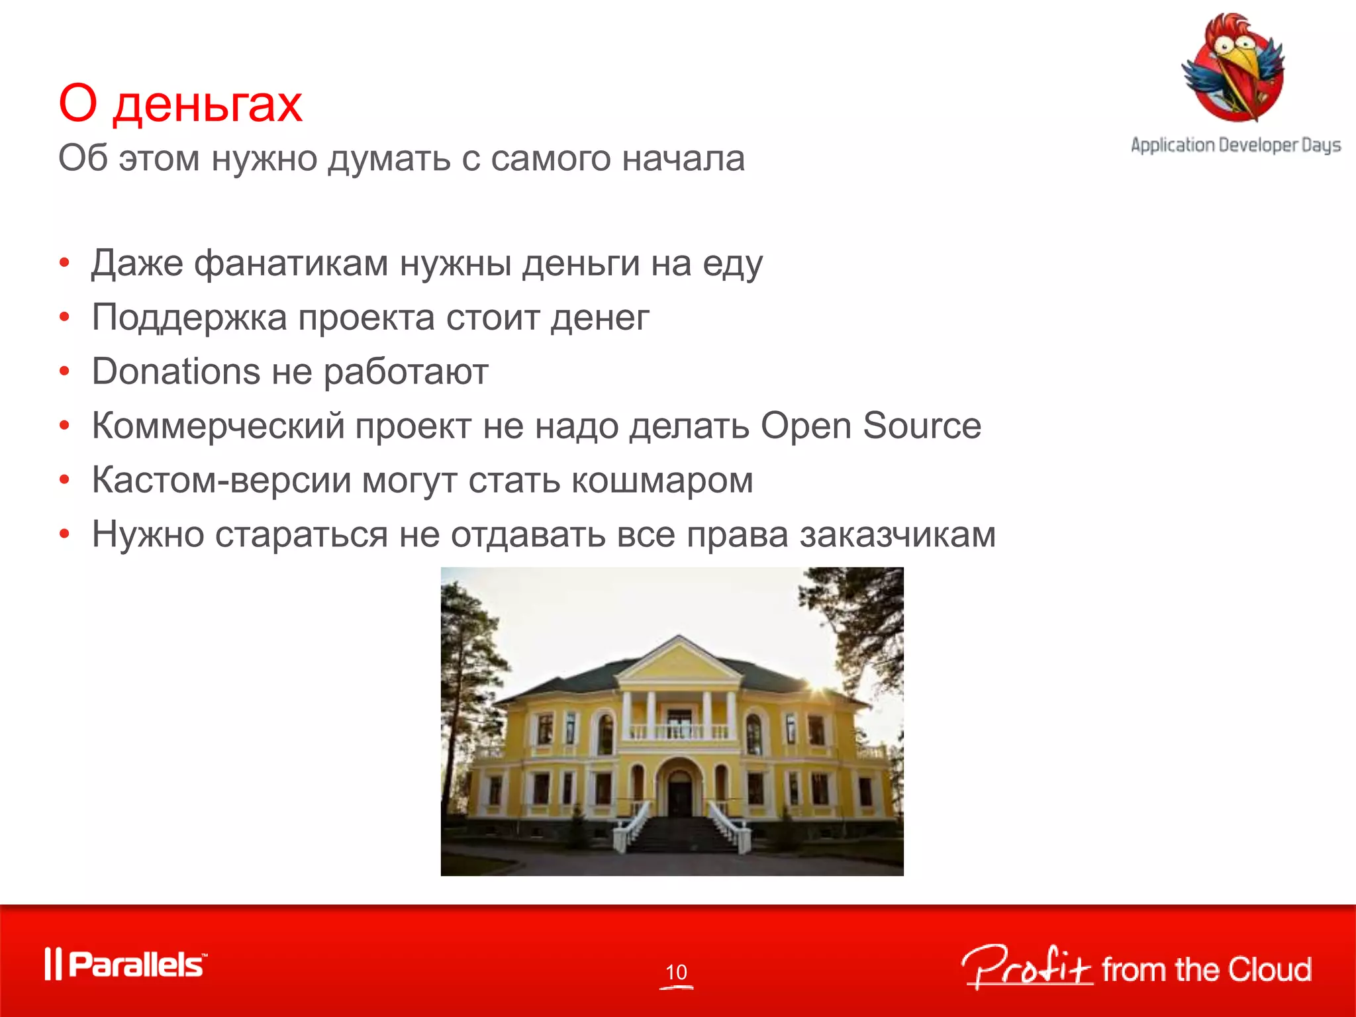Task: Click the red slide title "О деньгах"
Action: [x=180, y=103]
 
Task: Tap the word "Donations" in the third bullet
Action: [x=175, y=371]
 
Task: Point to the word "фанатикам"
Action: [x=291, y=264]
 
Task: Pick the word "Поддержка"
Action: [x=189, y=318]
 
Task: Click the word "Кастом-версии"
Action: [x=221, y=480]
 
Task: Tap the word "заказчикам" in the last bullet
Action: [x=897, y=534]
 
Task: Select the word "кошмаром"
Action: [x=662, y=480]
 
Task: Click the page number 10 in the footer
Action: [x=676, y=972]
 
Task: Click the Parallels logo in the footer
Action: [x=126, y=964]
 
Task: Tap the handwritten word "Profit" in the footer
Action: [x=1026, y=967]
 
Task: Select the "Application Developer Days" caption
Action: [x=1235, y=145]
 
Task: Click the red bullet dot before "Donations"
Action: [x=64, y=371]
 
